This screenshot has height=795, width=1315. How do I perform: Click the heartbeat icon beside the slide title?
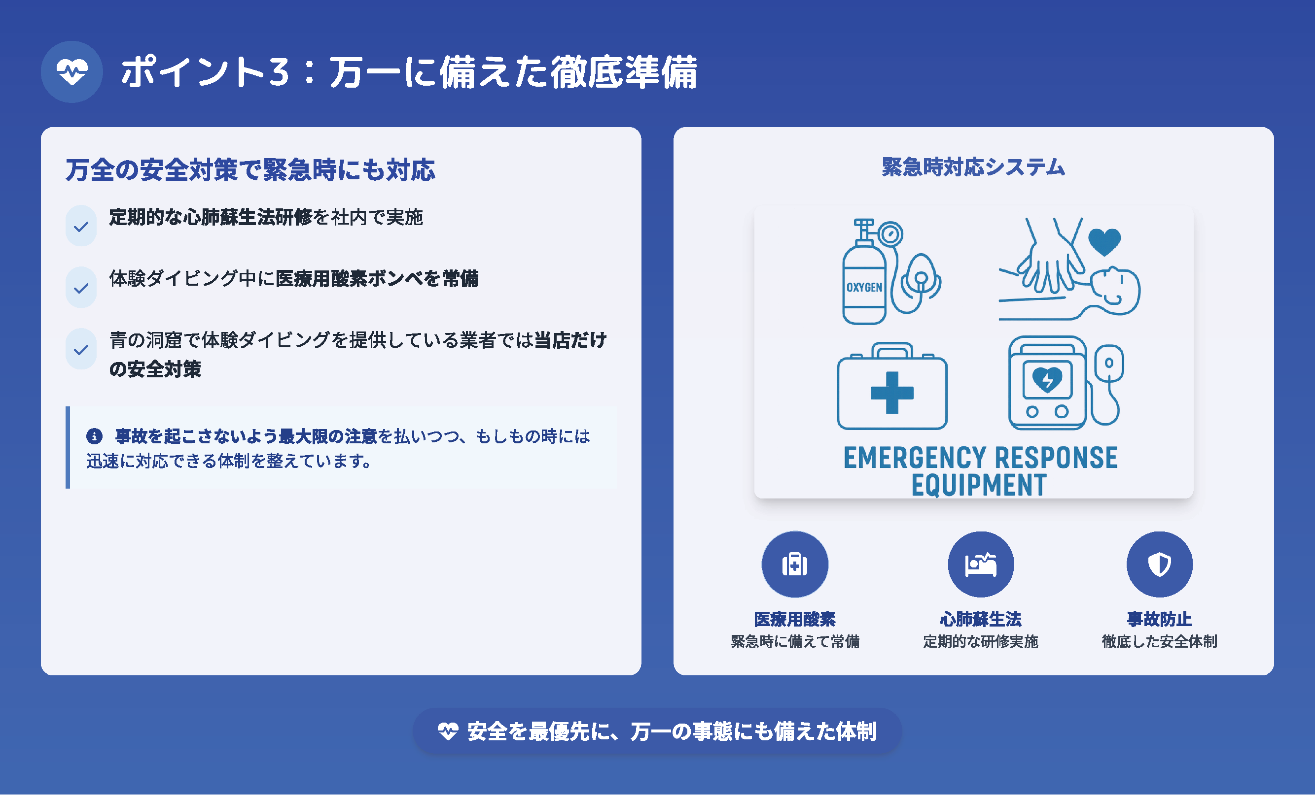(72, 71)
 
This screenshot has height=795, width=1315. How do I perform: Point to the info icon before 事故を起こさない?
(95, 436)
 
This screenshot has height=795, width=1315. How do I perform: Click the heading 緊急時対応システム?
(973, 167)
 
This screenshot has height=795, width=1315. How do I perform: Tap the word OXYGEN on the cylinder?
(864, 287)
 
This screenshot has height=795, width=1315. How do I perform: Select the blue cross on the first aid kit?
(892, 393)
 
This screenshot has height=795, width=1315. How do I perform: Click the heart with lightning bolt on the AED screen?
(1047, 380)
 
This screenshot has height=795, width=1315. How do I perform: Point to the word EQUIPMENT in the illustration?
(979, 485)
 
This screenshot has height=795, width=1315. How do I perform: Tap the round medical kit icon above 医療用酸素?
(795, 564)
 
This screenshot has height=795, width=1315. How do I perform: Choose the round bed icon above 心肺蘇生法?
(980, 564)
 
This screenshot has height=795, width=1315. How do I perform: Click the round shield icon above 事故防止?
(1159, 564)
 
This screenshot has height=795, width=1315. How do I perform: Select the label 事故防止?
(1159, 619)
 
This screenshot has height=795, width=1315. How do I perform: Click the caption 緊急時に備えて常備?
(795, 641)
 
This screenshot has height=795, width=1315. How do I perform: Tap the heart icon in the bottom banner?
(448, 731)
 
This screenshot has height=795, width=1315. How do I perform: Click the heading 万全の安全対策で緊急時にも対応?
(250, 170)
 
